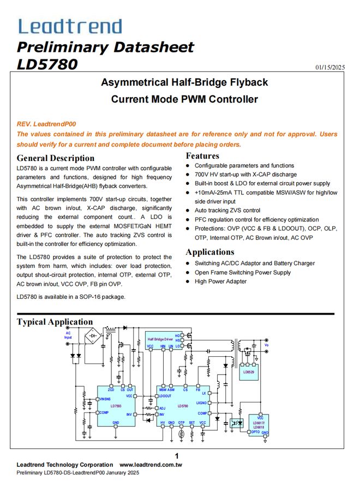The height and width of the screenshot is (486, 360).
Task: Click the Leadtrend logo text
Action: tap(70, 26)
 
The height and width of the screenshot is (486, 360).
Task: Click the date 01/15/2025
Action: tap(330, 68)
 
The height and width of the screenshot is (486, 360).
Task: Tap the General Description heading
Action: tap(56, 158)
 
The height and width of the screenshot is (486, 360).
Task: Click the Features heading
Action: tap(202, 156)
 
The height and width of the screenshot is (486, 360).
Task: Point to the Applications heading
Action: tap(210, 252)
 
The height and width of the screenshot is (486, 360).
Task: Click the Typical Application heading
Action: tap(55, 322)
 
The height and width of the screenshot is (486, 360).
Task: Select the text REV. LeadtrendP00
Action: tap(46, 124)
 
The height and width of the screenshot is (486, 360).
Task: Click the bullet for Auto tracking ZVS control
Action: tap(188, 211)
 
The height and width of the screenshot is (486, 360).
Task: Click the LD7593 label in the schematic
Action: tap(116, 406)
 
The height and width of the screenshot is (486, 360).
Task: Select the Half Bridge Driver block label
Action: tap(160, 340)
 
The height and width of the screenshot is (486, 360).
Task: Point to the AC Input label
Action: tap(68, 335)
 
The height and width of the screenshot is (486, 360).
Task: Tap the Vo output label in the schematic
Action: tap(267, 345)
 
